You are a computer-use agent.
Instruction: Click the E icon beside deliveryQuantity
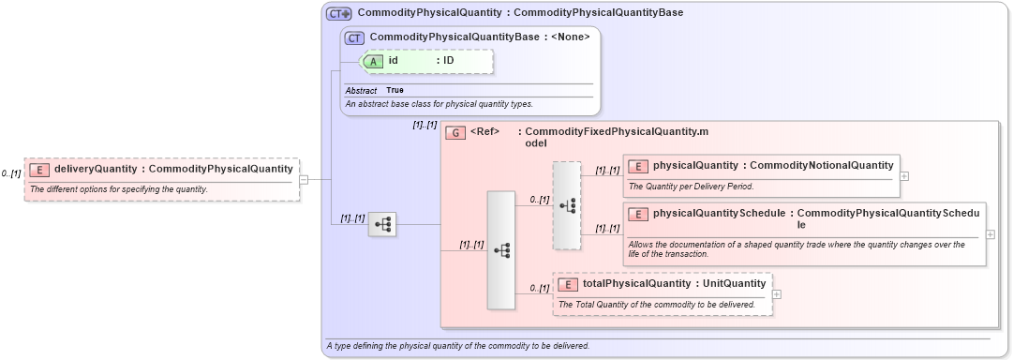pos(39,170)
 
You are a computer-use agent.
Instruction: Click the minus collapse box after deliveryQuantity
pos(304,179)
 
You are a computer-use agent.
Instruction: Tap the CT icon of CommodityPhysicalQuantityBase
pos(354,38)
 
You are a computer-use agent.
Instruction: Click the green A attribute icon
pos(373,61)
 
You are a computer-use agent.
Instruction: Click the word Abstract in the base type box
pos(361,90)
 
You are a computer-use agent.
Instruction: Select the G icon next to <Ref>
pos(455,132)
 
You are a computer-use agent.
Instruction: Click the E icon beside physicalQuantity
pos(638,166)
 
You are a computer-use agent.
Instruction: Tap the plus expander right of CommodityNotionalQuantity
pos(903,175)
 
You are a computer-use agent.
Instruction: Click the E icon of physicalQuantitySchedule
pos(638,214)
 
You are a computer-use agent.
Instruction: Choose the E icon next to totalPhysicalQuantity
pos(568,284)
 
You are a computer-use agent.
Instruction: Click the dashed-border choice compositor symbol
pos(567,205)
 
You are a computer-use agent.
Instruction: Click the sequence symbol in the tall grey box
pos(501,250)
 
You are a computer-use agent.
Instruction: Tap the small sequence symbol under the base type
pos(382,224)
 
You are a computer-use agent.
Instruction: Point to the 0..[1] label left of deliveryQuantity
pos(11,173)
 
